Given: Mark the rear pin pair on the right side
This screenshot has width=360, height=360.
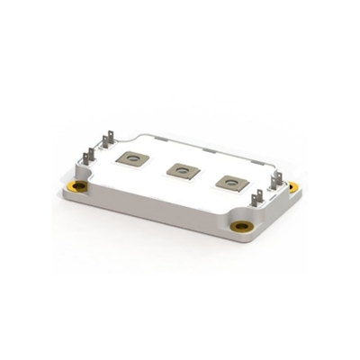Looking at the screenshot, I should point(277,171).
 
